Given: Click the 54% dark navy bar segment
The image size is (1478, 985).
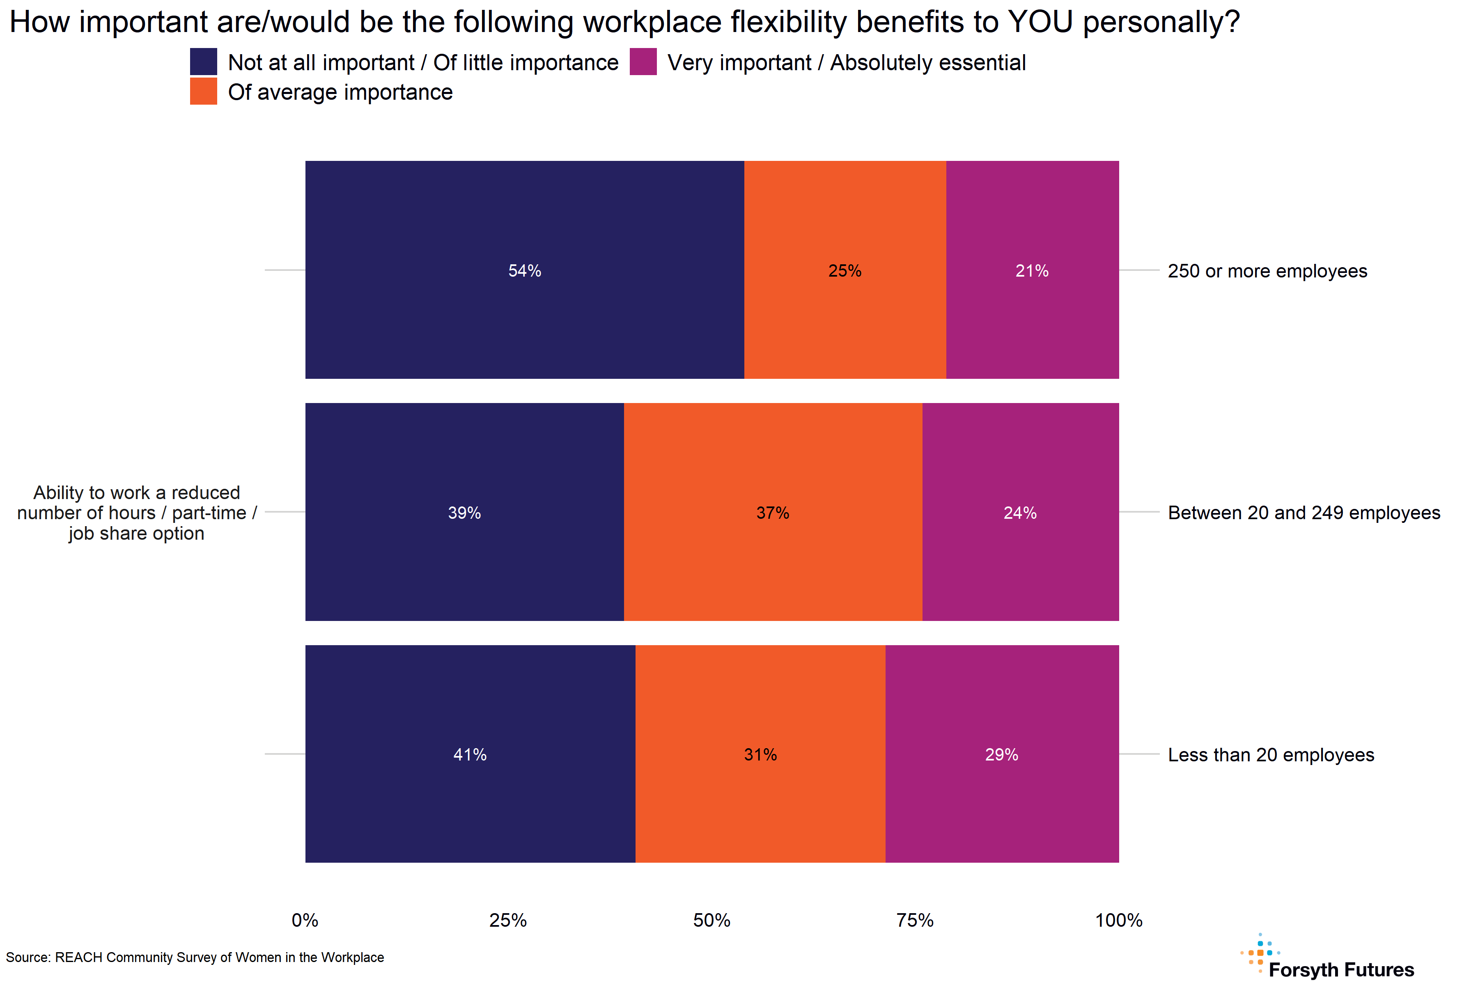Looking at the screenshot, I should pyautogui.click(x=524, y=270).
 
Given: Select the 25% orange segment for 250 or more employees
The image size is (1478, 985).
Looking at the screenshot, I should pyautogui.click(x=845, y=270).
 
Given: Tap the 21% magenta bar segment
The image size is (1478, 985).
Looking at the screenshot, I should pyautogui.click(x=1032, y=270).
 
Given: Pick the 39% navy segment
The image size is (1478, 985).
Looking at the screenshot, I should pyautogui.click(x=464, y=512).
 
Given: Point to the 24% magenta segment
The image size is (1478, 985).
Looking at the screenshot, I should pyautogui.click(x=1020, y=512).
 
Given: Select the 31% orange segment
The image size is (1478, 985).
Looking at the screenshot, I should pyautogui.click(x=760, y=754).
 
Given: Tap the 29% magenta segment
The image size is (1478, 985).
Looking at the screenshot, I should pyautogui.click(x=1002, y=754).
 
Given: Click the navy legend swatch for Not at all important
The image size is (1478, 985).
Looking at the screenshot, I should pyautogui.click(x=204, y=62).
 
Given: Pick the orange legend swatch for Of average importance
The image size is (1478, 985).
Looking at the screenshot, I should pyautogui.click(x=204, y=91).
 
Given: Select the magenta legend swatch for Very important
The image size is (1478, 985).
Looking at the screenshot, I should pyautogui.click(x=643, y=62).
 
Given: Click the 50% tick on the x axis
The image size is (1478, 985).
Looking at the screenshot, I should pyautogui.click(x=711, y=920).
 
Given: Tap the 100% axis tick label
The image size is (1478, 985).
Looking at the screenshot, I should pyautogui.click(x=1118, y=920).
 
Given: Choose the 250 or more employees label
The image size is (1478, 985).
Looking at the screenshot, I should pyautogui.click(x=1267, y=271).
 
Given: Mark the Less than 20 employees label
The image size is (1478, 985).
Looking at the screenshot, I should pyautogui.click(x=1271, y=754).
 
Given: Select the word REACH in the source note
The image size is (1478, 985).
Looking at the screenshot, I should pyautogui.click(x=78, y=958).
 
